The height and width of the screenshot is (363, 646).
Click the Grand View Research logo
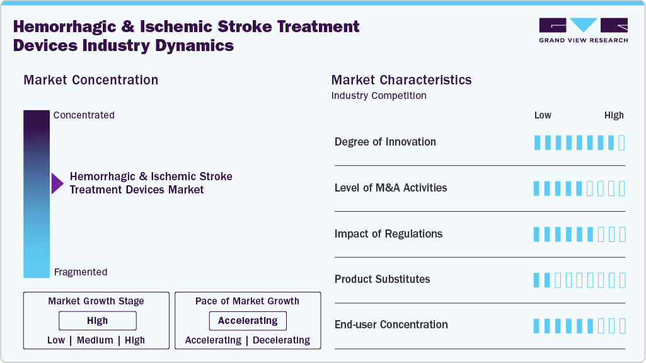583,30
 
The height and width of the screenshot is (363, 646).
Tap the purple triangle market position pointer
57,183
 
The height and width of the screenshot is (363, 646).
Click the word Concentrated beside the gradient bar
84,115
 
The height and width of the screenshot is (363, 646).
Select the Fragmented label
81,272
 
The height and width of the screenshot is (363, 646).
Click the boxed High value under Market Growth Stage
97,321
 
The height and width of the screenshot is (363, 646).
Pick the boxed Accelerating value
248,321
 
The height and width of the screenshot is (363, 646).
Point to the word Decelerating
282,340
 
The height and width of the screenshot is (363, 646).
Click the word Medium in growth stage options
95,340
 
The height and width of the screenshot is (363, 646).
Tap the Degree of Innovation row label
385,142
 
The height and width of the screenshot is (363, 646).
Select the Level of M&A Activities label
391,188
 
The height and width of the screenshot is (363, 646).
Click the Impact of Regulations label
388,234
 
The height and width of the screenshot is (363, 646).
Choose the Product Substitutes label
382,279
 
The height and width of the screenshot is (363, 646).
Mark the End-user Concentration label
391,325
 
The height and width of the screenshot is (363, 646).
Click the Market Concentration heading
91,80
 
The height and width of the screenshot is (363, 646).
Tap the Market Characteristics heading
401,80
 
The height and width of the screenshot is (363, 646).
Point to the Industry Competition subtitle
379,96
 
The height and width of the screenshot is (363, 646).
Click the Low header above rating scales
543,115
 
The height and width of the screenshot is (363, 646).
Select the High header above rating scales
614,115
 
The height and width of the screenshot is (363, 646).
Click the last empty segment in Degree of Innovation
622,142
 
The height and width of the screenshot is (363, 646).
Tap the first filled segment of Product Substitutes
537,280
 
